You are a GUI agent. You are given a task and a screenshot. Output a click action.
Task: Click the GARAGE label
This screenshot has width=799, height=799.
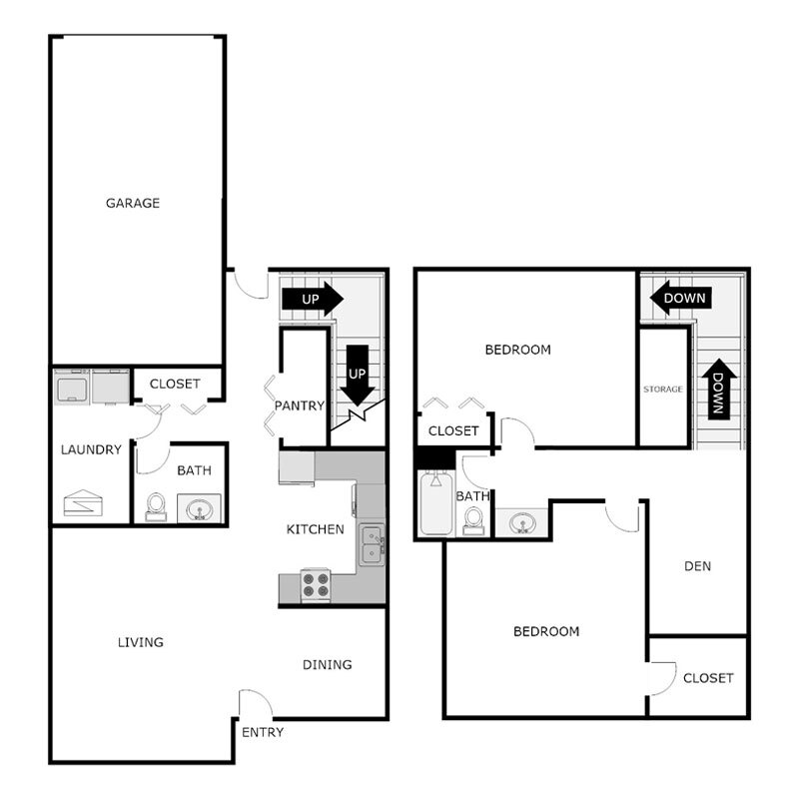click(x=133, y=203)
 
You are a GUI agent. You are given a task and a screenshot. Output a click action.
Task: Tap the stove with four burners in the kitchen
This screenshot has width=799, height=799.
click(x=316, y=583)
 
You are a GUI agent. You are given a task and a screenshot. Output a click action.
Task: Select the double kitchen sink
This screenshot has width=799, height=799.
click(x=372, y=544)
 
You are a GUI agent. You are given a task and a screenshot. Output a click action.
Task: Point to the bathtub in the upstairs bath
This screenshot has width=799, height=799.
click(x=434, y=504)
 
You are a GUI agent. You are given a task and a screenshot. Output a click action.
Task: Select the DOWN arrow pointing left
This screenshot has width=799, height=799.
click(x=678, y=297)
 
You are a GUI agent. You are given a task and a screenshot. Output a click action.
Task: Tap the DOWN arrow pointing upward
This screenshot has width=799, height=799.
click(x=718, y=391)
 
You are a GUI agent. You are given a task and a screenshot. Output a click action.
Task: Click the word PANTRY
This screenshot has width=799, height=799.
click(x=300, y=405)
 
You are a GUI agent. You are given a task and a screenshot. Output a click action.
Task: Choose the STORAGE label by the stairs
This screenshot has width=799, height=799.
click(x=663, y=389)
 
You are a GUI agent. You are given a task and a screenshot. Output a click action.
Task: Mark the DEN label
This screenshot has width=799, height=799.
click(x=697, y=566)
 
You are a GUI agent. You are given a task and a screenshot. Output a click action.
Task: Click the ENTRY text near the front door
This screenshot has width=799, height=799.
click(x=263, y=732)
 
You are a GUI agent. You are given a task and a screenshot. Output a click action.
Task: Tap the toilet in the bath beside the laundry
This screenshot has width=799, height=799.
click(x=156, y=508)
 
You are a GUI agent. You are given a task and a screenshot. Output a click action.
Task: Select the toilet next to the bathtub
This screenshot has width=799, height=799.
click(x=473, y=520)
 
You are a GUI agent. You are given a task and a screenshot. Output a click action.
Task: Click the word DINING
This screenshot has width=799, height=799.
click(x=328, y=664)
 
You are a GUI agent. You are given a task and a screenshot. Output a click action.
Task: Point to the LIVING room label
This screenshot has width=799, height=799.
click(x=140, y=642)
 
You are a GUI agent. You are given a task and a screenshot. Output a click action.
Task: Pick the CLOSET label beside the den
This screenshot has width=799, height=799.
click(x=708, y=677)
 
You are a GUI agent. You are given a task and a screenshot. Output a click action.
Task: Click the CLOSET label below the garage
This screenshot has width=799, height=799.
click(x=175, y=384)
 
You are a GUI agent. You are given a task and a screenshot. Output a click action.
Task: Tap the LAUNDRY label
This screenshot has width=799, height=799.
click(x=92, y=449)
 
